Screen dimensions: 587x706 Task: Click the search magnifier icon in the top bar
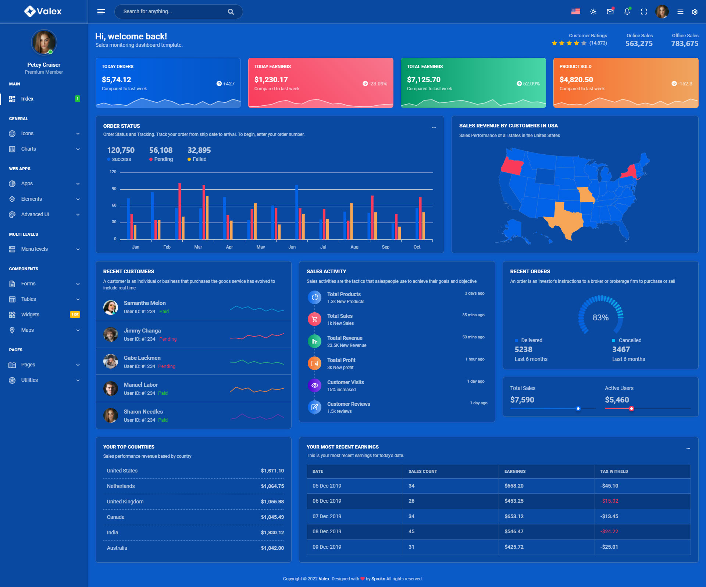[231, 12]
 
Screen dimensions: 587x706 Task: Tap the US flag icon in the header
[575, 12]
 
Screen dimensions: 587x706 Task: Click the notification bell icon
[627, 12]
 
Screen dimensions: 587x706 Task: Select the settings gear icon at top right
[695, 12]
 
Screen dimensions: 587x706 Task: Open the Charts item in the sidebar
[29, 149]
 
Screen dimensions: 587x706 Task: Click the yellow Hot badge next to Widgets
[75, 314]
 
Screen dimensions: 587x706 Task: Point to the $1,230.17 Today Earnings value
[271, 80]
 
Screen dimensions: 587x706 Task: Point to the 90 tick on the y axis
[114, 189]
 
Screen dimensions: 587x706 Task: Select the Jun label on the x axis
[292, 247]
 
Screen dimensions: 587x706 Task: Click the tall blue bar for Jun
[296, 212]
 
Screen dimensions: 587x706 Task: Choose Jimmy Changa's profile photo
[111, 334]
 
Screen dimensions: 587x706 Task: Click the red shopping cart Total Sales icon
[314, 319]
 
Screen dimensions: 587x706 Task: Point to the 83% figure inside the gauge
[600, 317]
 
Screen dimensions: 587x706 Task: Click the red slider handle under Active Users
[631, 408]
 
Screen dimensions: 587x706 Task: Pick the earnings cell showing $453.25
[514, 501]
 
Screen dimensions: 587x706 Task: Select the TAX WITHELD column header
[614, 471]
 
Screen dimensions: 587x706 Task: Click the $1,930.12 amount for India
[272, 532]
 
